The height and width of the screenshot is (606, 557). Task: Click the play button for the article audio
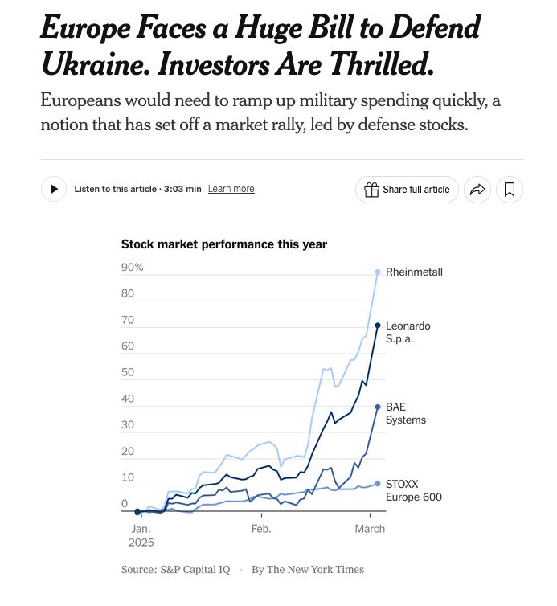tap(54, 189)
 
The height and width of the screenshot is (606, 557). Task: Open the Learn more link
tap(231, 189)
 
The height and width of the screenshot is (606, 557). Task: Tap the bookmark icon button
tap(510, 190)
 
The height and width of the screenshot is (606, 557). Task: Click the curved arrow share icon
tap(477, 190)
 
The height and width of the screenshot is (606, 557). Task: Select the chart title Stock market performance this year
tap(223, 244)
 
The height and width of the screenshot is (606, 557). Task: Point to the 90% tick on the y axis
tap(132, 268)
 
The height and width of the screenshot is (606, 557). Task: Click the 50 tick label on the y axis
tap(128, 373)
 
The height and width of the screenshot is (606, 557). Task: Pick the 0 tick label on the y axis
tap(125, 504)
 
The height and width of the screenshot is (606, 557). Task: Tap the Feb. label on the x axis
tap(261, 529)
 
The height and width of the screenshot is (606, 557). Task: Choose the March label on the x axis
tap(370, 529)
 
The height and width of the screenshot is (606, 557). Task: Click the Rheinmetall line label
tap(414, 272)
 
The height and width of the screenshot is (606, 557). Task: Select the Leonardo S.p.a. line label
tap(408, 332)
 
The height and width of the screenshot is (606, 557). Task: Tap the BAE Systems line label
tap(406, 413)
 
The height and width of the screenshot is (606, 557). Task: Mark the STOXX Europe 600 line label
tap(413, 490)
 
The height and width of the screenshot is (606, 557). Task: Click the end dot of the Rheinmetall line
tap(378, 272)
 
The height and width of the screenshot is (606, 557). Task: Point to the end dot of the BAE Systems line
tap(378, 407)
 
